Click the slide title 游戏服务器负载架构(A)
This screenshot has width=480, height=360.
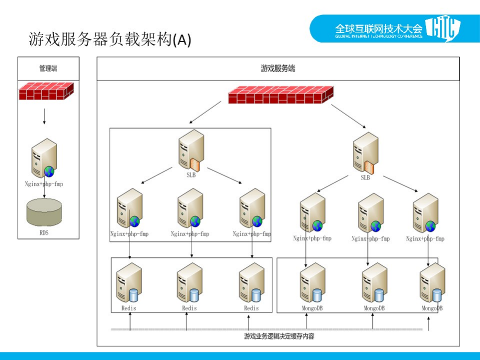110,40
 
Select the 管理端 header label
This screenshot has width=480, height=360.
49,69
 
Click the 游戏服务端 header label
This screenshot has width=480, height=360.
278,69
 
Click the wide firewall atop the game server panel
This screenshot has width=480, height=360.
281,95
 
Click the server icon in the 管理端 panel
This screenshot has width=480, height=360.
44,158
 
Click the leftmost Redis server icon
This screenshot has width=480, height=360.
129,283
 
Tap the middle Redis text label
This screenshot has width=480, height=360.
190,308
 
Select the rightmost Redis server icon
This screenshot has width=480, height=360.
251,283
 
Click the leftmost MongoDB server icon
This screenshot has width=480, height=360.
313,283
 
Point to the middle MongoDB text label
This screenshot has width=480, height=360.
374,308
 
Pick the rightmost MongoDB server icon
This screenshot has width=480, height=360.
432,283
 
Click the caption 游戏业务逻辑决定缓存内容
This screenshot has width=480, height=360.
279,336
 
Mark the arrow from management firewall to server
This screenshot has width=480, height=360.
44,116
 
